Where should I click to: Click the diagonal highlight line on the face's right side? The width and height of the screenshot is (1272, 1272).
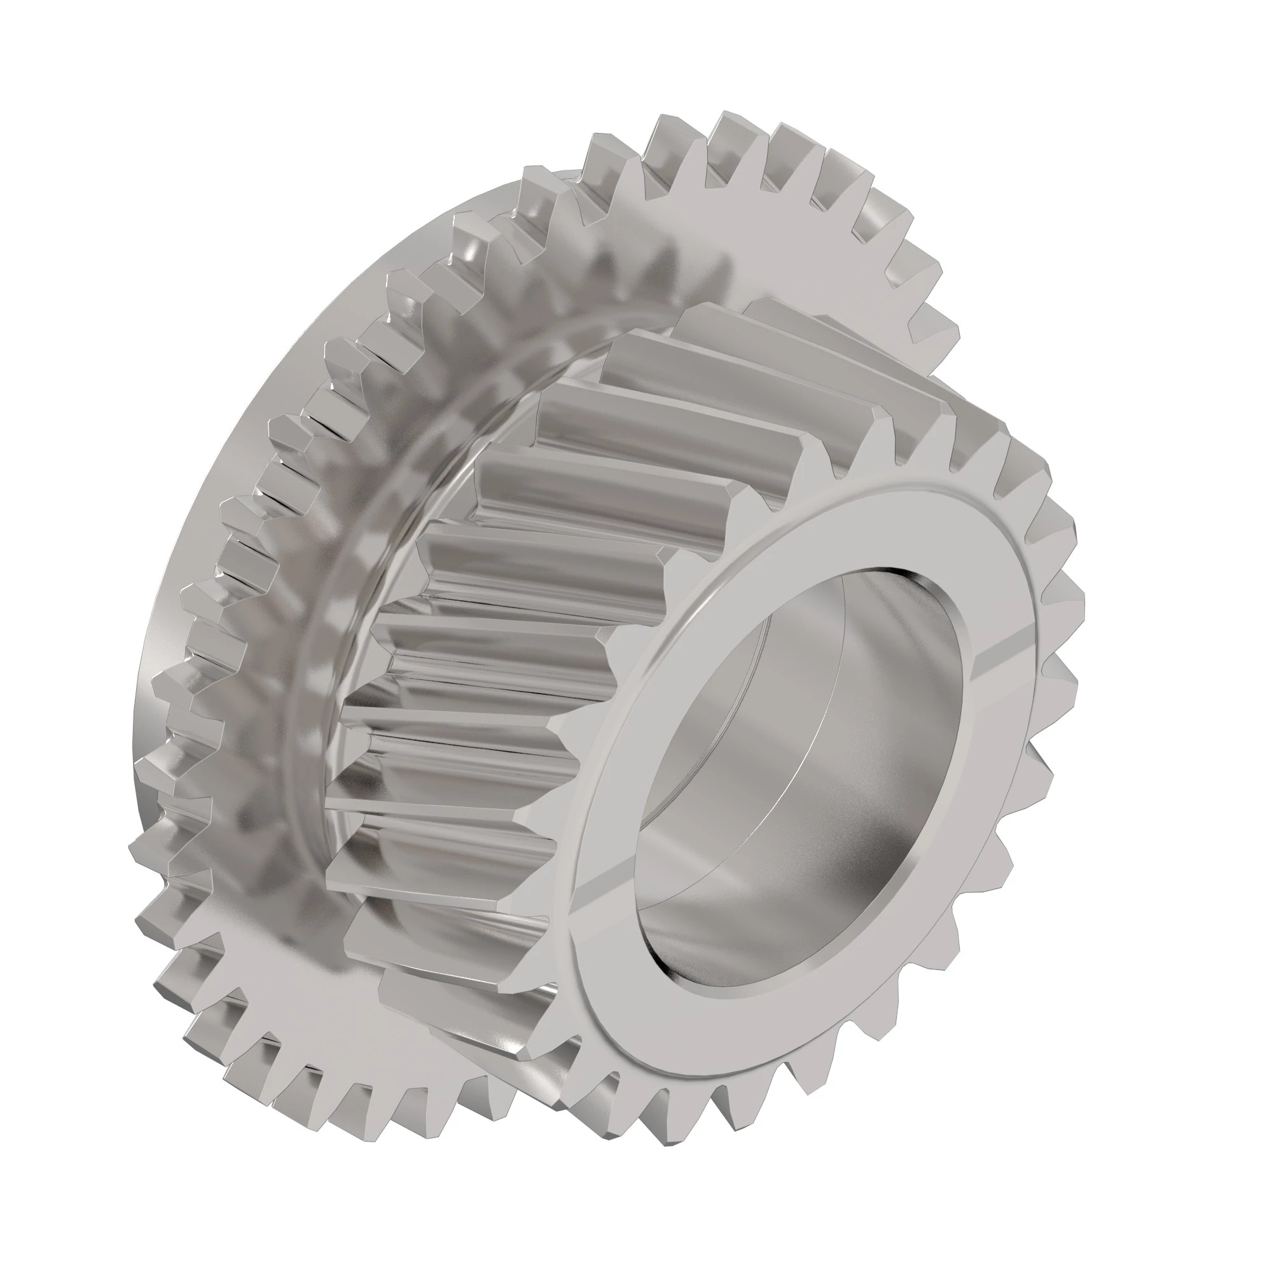click(1000, 658)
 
